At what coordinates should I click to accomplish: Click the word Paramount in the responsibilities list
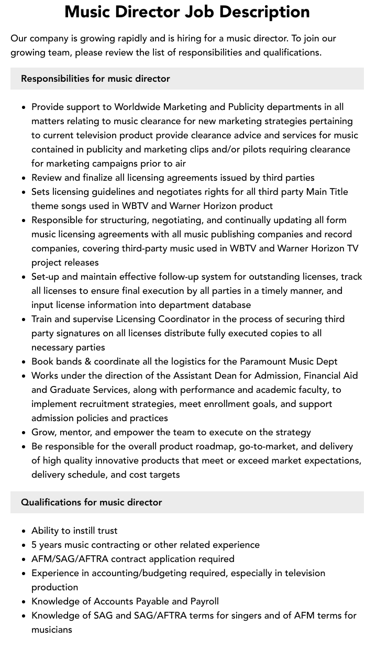click(262, 361)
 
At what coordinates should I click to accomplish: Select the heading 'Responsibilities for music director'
click(95, 79)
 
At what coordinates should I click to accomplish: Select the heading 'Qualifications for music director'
click(91, 502)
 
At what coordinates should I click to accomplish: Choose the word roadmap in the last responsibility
click(214, 446)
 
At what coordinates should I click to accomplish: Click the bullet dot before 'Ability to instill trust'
click(24, 531)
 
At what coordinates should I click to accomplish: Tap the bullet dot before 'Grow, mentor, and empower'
click(24, 433)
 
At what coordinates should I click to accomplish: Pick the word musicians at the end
click(52, 630)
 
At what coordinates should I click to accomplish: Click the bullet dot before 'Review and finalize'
click(24, 178)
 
